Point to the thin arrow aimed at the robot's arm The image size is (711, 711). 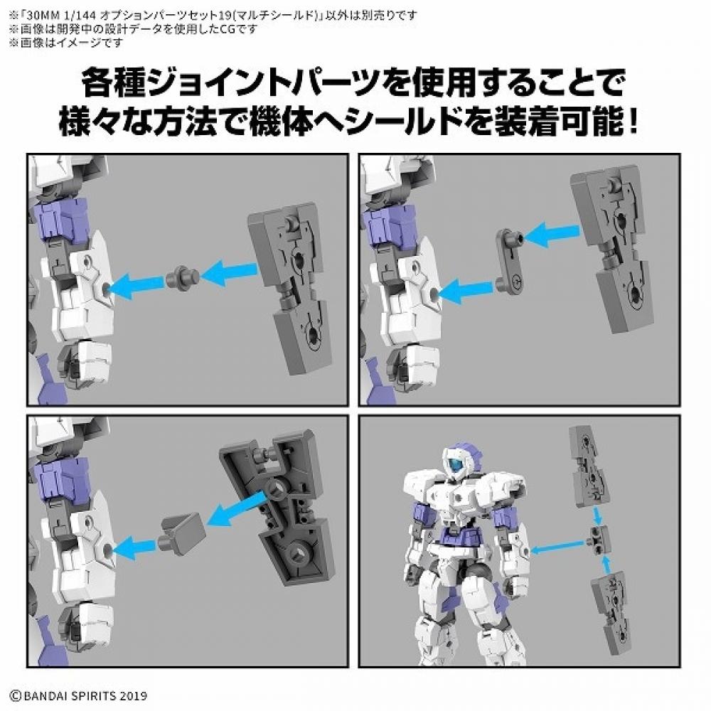[558, 547]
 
